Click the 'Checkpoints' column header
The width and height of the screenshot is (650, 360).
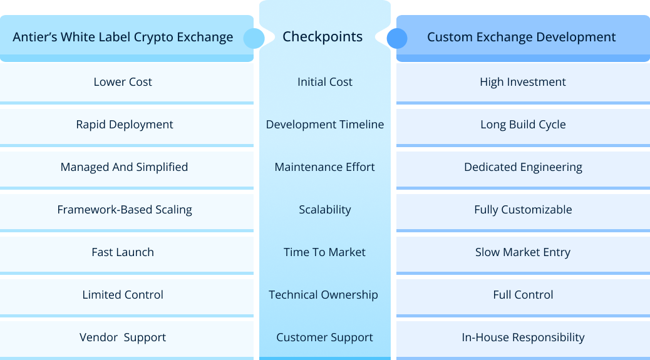coord(322,37)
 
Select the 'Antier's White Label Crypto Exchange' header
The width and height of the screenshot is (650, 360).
coord(123,38)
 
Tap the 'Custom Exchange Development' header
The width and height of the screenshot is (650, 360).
coord(521,38)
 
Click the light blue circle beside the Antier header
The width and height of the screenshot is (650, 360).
coord(254,38)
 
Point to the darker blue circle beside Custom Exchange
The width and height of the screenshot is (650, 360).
coord(396,38)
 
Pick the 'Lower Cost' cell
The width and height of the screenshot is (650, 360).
coord(123,82)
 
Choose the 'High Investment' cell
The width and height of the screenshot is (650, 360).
coord(522,82)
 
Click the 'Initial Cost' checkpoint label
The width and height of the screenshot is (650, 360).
coord(324,82)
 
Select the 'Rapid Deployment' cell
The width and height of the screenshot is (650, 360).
coord(125,125)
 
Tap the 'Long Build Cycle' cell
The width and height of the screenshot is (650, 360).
coord(522,125)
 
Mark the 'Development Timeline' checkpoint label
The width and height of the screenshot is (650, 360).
coord(324,125)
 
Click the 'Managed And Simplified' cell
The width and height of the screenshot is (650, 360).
coord(124,167)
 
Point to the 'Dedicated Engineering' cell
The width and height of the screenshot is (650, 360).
coord(522,167)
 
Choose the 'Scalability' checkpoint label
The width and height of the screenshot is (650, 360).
coord(324,210)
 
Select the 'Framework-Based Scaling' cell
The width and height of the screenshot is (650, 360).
coord(125,210)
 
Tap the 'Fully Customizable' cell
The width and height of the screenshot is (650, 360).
coord(522,210)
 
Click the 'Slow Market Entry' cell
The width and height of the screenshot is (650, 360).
coord(522,252)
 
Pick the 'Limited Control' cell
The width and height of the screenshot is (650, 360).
coord(123,295)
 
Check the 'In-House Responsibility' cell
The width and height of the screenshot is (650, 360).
coord(522,337)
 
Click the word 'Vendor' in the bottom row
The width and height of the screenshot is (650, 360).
coord(98,337)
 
